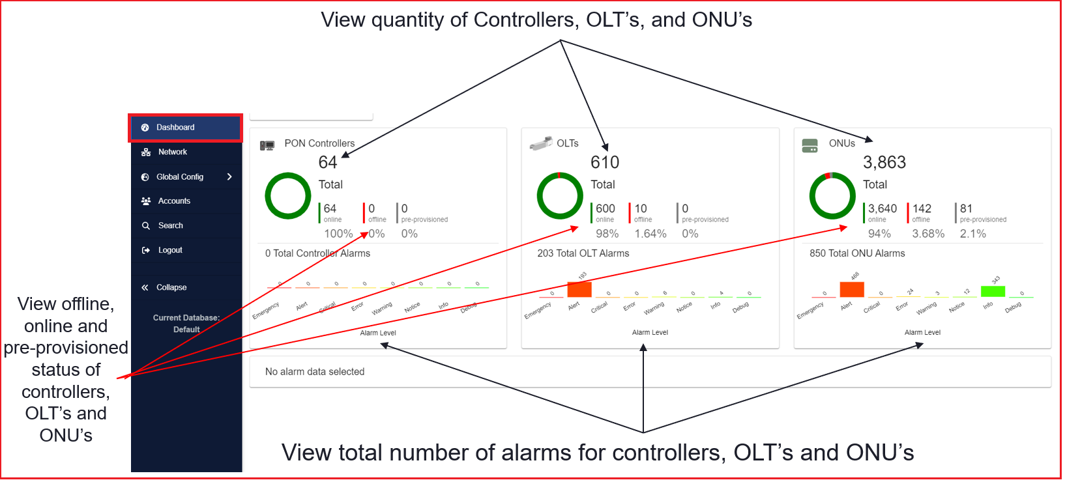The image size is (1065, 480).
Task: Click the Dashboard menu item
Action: click(x=175, y=128)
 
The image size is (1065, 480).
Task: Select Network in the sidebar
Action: click(x=172, y=152)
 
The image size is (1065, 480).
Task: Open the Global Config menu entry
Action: click(x=180, y=177)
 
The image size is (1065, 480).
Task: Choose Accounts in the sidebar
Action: click(x=174, y=201)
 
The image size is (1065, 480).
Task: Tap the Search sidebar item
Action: click(x=170, y=226)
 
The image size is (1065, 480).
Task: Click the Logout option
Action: click(x=170, y=250)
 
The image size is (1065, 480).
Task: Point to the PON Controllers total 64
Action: click(x=328, y=162)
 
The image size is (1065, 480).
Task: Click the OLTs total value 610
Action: click(x=605, y=162)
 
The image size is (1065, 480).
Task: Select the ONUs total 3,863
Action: click(x=884, y=162)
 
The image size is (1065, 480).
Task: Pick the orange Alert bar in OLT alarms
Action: click(x=579, y=289)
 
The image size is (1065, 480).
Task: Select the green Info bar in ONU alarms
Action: click(x=993, y=291)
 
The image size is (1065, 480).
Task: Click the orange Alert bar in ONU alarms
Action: click(x=852, y=289)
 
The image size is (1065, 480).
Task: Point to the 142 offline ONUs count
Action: click(x=922, y=208)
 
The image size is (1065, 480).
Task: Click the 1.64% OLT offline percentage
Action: click(x=650, y=234)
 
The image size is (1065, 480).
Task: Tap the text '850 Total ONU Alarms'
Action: click(x=857, y=253)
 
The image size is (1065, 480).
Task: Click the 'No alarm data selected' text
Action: click(x=315, y=372)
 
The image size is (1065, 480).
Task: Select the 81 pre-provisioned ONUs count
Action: click(x=966, y=208)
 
